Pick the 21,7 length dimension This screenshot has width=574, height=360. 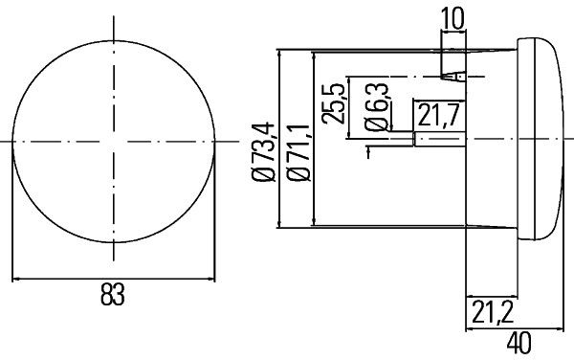[436, 118]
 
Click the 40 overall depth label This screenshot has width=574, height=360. [519, 342]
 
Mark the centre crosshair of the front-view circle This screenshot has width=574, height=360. [113, 141]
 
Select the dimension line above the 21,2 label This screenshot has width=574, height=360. [488, 295]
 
